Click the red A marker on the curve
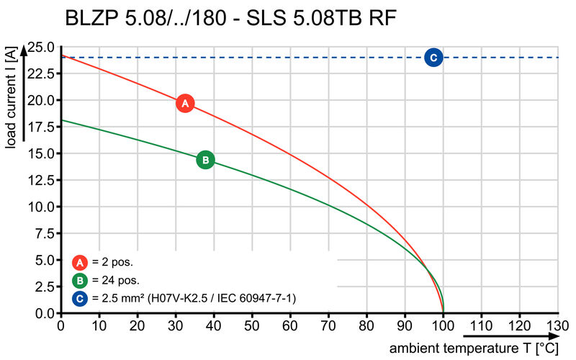(x=185, y=103)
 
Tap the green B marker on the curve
(x=205, y=160)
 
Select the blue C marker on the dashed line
(x=433, y=58)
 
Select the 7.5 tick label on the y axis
(x=45, y=234)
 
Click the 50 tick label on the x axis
(x=252, y=326)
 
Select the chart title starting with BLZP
(x=230, y=18)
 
